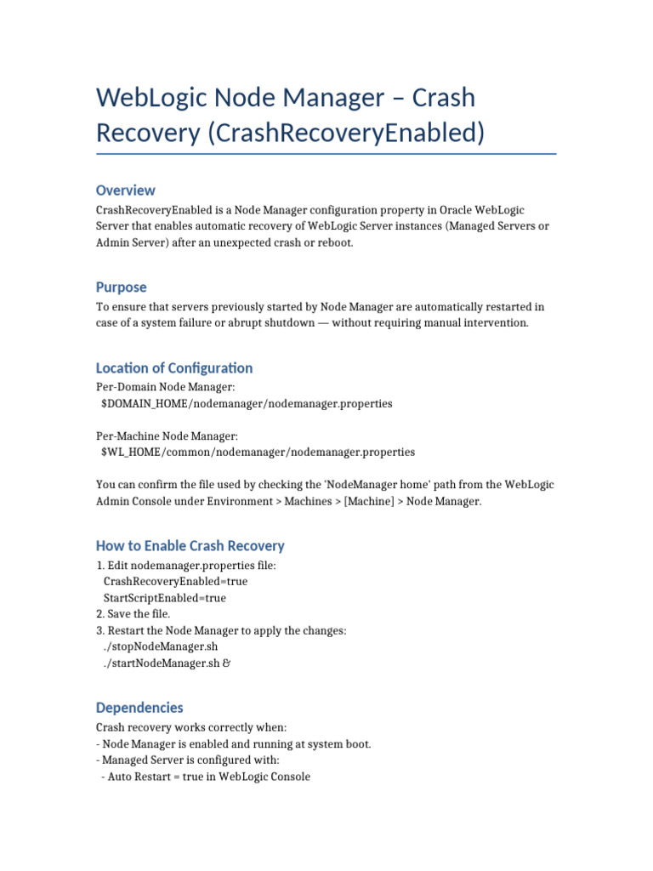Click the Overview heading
(126, 191)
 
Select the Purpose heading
(122, 287)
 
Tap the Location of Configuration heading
(174, 368)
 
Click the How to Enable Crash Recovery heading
(190, 546)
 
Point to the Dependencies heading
(139, 708)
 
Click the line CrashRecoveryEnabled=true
(175, 582)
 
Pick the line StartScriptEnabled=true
(165, 598)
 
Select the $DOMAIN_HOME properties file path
(247, 404)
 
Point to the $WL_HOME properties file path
(258, 453)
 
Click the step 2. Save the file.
(133, 614)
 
